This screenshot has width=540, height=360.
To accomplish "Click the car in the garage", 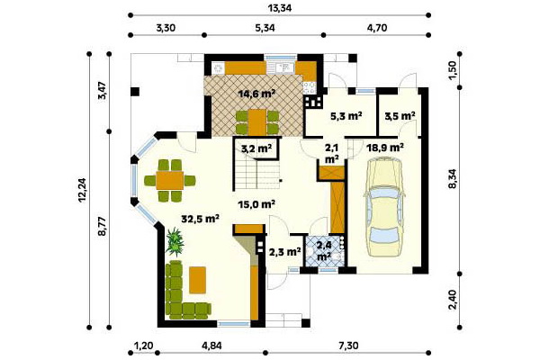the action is tap(384, 207).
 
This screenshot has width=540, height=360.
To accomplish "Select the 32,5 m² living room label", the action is tap(201, 219).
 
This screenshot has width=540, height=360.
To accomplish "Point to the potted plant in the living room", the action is tap(175, 242).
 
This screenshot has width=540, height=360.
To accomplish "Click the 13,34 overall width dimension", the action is tap(280, 8).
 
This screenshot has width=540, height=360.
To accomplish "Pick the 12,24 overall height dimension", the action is tap(83, 190).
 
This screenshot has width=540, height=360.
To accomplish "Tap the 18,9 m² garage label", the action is tap(385, 148).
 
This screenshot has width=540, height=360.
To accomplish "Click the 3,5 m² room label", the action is tap(400, 116).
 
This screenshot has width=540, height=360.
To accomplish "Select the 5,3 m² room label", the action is tap(346, 116).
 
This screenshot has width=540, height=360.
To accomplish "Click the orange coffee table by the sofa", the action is tap(198, 280).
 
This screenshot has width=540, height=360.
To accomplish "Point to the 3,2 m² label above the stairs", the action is tap(256, 148).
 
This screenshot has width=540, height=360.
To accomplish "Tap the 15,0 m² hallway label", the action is tap(256, 204).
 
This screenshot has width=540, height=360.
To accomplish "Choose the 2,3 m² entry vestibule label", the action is tap(284, 252).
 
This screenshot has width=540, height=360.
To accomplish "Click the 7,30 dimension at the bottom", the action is tap(347, 346).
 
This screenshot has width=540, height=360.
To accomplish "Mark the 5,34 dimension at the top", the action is tap(265, 28).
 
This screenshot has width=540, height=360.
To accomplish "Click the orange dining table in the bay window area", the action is tap(170, 181).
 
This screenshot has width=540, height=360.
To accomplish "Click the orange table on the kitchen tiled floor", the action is tap(257, 122).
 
